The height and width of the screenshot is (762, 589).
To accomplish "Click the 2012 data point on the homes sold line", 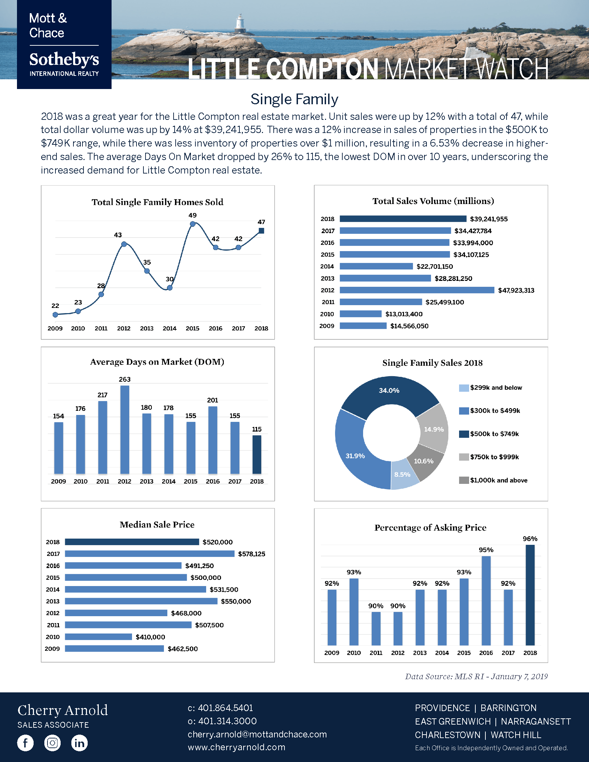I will coord(124,244).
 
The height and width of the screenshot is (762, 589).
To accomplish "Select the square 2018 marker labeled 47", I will coord(261,231).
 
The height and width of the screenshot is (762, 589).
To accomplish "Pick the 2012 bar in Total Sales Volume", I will coord(416,290).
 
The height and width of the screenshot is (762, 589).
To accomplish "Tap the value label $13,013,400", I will coord(404,314).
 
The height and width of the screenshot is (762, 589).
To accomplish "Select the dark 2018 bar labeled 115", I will coord(257,454).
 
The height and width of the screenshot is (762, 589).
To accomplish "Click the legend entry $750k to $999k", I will coord(494,457).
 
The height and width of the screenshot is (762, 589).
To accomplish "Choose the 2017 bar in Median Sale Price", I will coord(149,554).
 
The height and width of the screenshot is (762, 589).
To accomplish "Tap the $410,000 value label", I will coord(150,637).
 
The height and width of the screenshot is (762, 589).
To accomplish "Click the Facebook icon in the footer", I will coord(26,743).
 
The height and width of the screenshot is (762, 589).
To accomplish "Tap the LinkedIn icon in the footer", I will coord(79,743).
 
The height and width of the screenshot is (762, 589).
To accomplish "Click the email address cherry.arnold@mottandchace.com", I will coord(257,734).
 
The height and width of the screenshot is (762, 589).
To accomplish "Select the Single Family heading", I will coord(294,99).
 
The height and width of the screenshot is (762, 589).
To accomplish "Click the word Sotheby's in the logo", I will coord(64,60).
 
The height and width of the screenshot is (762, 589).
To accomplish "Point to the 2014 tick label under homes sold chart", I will coord(169,328).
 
